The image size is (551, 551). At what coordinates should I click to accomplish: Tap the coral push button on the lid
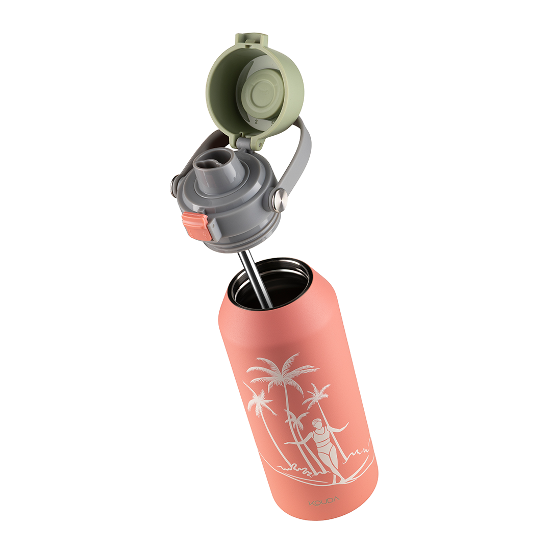coord(196,226)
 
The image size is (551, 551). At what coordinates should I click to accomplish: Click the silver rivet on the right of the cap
coord(279,200)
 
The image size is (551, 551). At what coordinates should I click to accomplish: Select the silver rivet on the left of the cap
coord(174,185)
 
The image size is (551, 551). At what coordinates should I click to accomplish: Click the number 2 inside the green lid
coord(256,121)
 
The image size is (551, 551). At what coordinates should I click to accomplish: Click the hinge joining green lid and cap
coord(244,143)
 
